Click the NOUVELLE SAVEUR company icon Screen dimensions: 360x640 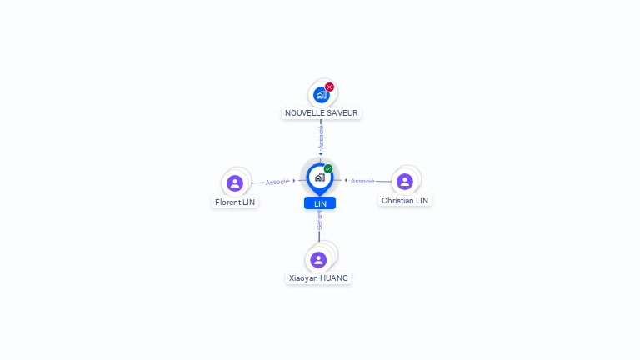tap(321, 95)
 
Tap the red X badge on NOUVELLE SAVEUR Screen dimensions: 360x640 tap(329, 87)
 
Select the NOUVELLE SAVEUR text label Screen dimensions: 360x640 tap(322, 112)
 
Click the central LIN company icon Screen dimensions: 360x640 tap(319, 177)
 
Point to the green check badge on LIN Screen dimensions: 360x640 tap(328, 169)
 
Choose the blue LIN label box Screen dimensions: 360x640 tap(320, 203)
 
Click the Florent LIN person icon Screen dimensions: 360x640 tap(235, 182)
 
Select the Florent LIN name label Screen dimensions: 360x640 tap(235, 202)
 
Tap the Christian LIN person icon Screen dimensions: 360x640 tap(405, 181)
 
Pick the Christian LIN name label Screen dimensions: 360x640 tap(405, 200)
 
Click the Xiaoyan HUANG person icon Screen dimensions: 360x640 tap(318, 259)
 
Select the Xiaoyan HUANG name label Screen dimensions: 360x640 tap(318, 277)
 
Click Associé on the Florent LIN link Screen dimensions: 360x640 tap(277, 182)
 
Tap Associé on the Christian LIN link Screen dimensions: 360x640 tap(362, 181)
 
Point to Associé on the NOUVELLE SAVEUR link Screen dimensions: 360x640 tap(321, 137)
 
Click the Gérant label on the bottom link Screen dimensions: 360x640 tap(319, 220)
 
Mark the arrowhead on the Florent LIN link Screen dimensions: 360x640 tap(294, 180)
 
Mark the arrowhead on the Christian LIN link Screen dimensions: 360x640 tap(346, 180)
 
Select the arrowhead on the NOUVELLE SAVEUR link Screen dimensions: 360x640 tap(321, 153)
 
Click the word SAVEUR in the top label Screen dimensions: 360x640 tap(342, 112)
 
